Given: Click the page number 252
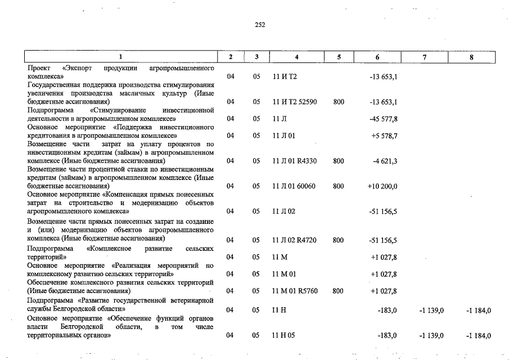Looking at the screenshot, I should pyautogui.click(x=259, y=24).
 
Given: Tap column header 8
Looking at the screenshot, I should pyautogui.click(x=471, y=57).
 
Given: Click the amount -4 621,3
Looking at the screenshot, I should pyautogui.click(x=385, y=161).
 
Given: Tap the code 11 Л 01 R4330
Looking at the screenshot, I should pyautogui.click(x=294, y=161).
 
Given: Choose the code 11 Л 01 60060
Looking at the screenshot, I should pyautogui.click(x=294, y=186).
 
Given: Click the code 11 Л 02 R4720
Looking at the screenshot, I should pyautogui.click(x=294, y=240).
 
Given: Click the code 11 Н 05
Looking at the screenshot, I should pyautogui.click(x=284, y=335).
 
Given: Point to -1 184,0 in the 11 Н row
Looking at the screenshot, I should pyautogui.click(x=479, y=310).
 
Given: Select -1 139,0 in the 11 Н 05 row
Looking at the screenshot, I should pyautogui.click(x=431, y=335).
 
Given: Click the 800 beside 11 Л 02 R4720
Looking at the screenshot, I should pyautogui.click(x=338, y=240).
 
